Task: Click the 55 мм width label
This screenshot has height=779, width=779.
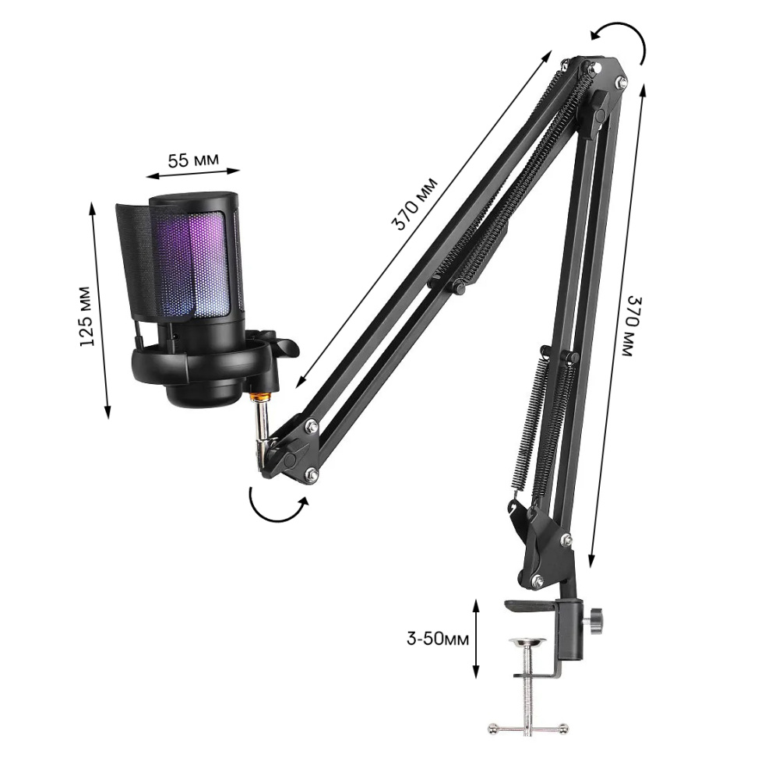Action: [192, 160]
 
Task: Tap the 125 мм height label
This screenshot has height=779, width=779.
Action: [86, 316]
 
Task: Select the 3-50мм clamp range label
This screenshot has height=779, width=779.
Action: [437, 639]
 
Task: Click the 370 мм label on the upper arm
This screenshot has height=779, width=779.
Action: [415, 203]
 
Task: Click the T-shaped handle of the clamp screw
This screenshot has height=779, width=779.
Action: [527, 728]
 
